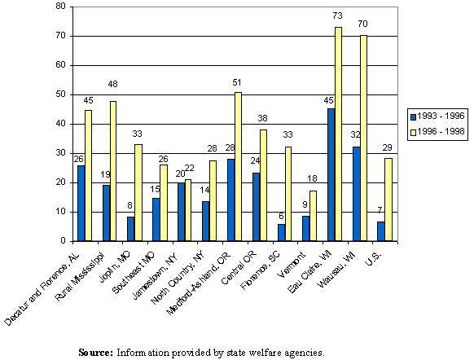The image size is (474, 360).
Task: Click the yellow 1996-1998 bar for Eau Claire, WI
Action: [338, 134]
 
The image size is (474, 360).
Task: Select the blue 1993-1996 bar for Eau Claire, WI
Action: [331, 175]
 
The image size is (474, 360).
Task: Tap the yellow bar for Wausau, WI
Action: [363, 138]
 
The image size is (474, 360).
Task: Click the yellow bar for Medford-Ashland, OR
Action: [238, 167]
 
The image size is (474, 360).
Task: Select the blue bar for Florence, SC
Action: [281, 232]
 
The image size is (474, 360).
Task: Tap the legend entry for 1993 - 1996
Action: [438, 116]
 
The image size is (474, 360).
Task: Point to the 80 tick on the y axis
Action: [60, 7]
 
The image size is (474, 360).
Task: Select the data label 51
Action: [237, 83]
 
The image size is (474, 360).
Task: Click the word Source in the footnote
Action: [94, 353]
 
